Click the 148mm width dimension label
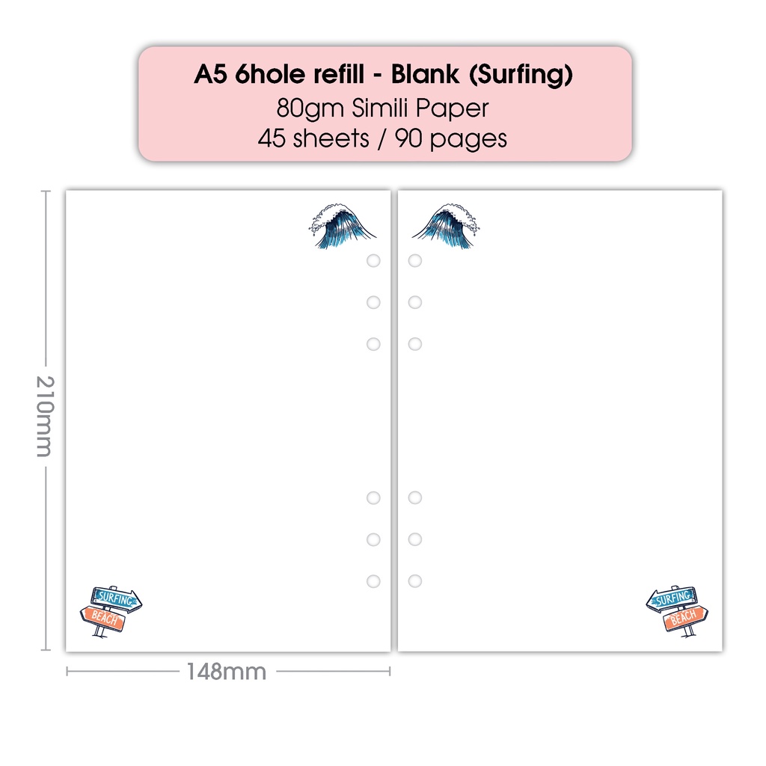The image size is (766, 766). [226, 672]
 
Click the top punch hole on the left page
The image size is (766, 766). [373, 260]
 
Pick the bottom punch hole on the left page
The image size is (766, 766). [373, 581]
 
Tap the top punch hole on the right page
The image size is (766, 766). [415, 260]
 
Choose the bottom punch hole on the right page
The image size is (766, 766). [415, 581]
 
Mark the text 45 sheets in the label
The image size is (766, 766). [312, 139]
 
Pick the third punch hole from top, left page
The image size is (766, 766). [373, 344]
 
